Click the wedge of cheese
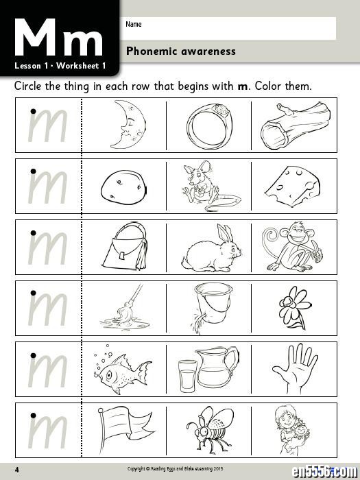coord(292,187)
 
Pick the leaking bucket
coord(212,306)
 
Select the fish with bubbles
coord(123,370)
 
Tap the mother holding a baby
coord(291,429)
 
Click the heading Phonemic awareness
coord(181,51)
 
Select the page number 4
coord(17,470)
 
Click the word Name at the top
coord(134,24)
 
